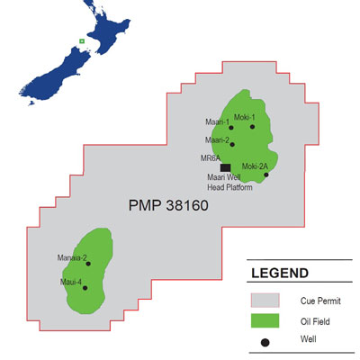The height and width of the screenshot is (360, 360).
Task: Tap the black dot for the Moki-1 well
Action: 254,127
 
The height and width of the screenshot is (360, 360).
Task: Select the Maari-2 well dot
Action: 232,144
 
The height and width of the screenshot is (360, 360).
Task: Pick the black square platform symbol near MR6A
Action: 225,166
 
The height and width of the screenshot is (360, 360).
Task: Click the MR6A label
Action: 211,158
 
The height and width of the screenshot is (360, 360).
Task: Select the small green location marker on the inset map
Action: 82,40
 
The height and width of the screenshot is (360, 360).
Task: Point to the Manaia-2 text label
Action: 72,258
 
